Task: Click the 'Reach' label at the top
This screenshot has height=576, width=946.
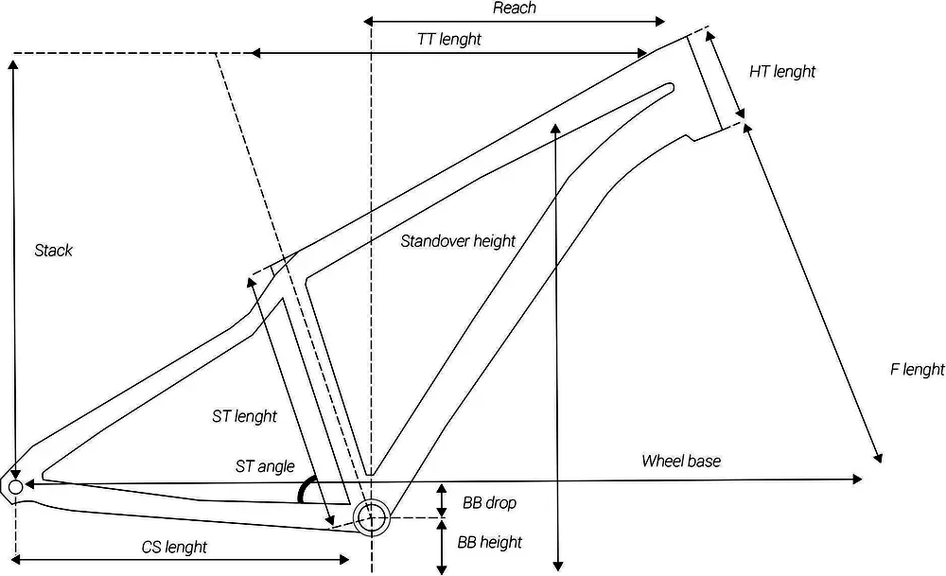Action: coord(514,9)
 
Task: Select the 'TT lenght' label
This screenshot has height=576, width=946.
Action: coord(448,39)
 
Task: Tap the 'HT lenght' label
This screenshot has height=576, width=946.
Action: coord(781,71)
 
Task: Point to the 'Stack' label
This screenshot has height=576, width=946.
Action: coord(53,251)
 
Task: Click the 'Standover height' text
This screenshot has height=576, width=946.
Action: coord(458,241)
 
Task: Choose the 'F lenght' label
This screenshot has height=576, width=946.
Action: coord(917,369)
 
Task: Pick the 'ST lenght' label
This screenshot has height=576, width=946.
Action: coord(244,416)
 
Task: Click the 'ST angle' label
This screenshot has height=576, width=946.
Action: coord(265,466)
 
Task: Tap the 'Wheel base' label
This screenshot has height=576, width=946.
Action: coord(681,461)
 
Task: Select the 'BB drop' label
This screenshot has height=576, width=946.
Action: coord(489,502)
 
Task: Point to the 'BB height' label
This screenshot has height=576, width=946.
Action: coord(489,542)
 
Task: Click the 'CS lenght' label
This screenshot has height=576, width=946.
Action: coord(174,547)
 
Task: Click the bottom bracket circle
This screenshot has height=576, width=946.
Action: coord(371,516)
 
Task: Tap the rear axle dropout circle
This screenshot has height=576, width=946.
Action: coord(15,486)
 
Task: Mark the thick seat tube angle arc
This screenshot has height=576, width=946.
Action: coord(305,489)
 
